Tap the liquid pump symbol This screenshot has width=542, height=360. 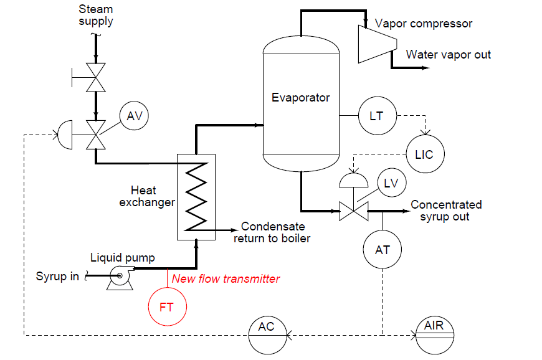pyautogui.click(x=120, y=278)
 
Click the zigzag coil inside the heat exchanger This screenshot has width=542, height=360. pyautogui.click(x=196, y=196)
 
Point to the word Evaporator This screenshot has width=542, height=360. pyautogui.click(x=300, y=97)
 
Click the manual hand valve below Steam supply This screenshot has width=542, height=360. pyautogui.click(x=95, y=77)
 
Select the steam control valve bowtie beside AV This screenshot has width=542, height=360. pyautogui.click(x=96, y=135)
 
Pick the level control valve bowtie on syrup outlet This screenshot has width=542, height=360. pyautogui.click(x=354, y=211)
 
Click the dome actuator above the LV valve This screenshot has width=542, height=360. pyautogui.click(x=354, y=179)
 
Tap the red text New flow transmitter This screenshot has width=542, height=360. pyautogui.click(x=226, y=278)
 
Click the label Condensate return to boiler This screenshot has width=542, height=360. pyautogui.click(x=272, y=232)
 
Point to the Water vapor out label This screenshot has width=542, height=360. pyautogui.click(x=449, y=55)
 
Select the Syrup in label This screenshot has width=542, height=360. pyautogui.click(x=57, y=276)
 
